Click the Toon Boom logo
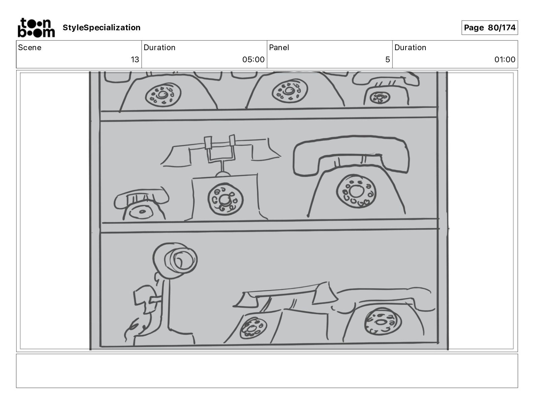point(36,28)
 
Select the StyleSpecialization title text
point(101,28)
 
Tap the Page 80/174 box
point(489,28)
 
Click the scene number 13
point(135,60)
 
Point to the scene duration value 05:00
point(253,60)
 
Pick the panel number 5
point(387,60)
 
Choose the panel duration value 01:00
point(505,60)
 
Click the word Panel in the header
point(279,47)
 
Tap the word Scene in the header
point(30,47)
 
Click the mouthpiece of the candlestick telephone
point(181,260)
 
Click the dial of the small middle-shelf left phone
point(142,212)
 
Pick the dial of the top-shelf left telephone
point(163,94)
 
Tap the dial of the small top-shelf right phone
point(379,98)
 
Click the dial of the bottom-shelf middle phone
point(253,328)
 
